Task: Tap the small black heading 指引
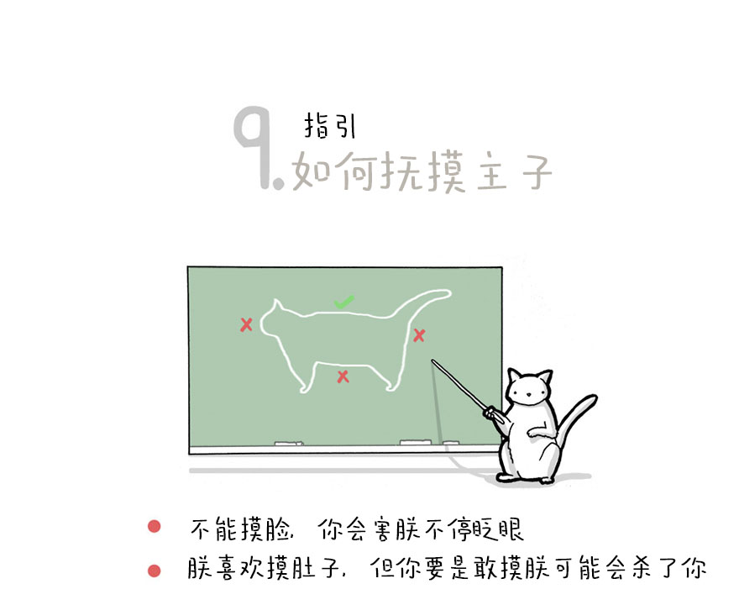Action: click(329, 125)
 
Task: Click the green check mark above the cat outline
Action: click(344, 302)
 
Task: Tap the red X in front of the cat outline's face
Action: click(246, 325)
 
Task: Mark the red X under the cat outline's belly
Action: click(343, 376)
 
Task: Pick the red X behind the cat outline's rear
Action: click(419, 335)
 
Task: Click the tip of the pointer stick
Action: click(432, 361)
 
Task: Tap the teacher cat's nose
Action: click(528, 394)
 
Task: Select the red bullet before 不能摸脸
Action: click(155, 526)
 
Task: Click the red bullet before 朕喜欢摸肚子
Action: click(155, 571)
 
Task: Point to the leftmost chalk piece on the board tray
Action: click(288, 444)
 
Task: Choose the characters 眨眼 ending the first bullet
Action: click(499, 529)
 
